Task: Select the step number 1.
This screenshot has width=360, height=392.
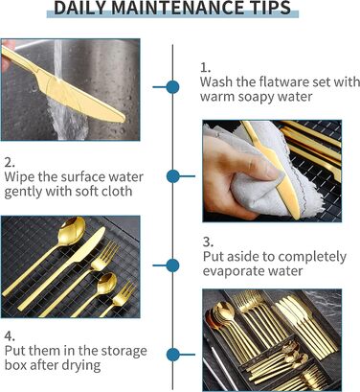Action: click(205, 68)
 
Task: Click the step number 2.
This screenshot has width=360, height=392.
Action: click(10, 163)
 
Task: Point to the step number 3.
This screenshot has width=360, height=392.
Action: click(208, 242)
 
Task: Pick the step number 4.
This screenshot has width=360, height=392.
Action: click(10, 336)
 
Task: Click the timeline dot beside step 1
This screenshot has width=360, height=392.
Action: click(172, 87)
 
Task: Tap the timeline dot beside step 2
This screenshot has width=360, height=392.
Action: click(173, 176)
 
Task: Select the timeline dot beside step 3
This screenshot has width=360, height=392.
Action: click(172, 265)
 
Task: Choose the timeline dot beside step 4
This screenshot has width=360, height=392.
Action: click(173, 355)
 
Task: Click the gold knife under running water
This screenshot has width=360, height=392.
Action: click(63, 84)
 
